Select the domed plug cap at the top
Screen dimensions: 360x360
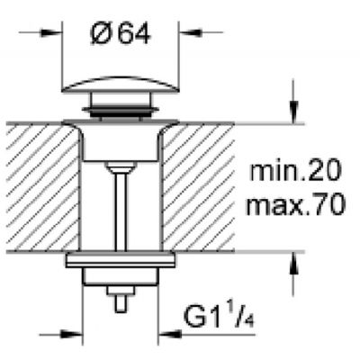click(x=120, y=94)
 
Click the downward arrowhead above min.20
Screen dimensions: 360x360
click(x=293, y=116)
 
